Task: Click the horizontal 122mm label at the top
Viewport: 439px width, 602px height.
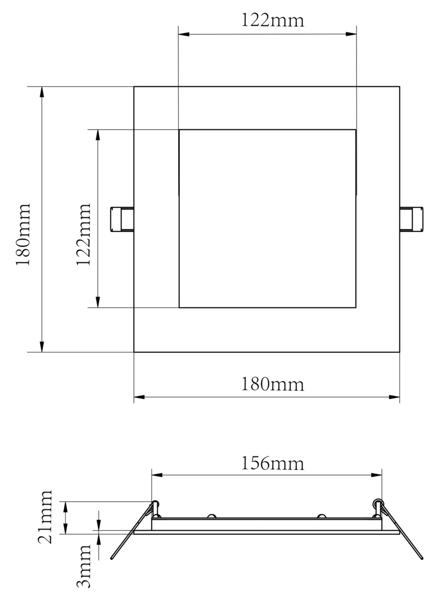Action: pyautogui.click(x=273, y=21)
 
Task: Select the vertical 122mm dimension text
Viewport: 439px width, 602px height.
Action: pyautogui.click(x=84, y=234)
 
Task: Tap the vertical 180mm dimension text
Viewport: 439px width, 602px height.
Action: pyautogui.click(x=23, y=234)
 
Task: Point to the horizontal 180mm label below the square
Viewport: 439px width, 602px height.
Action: pyautogui.click(x=273, y=384)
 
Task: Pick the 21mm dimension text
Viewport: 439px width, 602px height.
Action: pyautogui.click(x=45, y=517)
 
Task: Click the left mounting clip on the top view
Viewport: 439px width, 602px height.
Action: pyautogui.click(x=122, y=220)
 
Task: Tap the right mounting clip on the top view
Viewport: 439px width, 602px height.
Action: pyautogui.click(x=412, y=220)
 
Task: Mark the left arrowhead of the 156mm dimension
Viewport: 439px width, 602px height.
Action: pyautogui.click(x=157, y=475)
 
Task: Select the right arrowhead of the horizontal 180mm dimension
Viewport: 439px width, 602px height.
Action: pyautogui.click(x=394, y=397)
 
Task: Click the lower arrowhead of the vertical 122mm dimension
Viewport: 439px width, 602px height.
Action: pyautogui.click(x=98, y=302)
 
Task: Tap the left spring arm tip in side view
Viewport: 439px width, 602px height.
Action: pyautogui.click(x=112, y=558)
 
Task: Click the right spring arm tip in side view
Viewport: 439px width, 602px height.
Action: pyautogui.click(x=422, y=558)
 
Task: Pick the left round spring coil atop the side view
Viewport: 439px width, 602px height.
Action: pyautogui.click(x=155, y=503)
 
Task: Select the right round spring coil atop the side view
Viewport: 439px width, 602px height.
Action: pyautogui.click(x=377, y=503)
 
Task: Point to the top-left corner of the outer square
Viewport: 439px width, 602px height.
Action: pyautogui.click(x=134, y=87)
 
